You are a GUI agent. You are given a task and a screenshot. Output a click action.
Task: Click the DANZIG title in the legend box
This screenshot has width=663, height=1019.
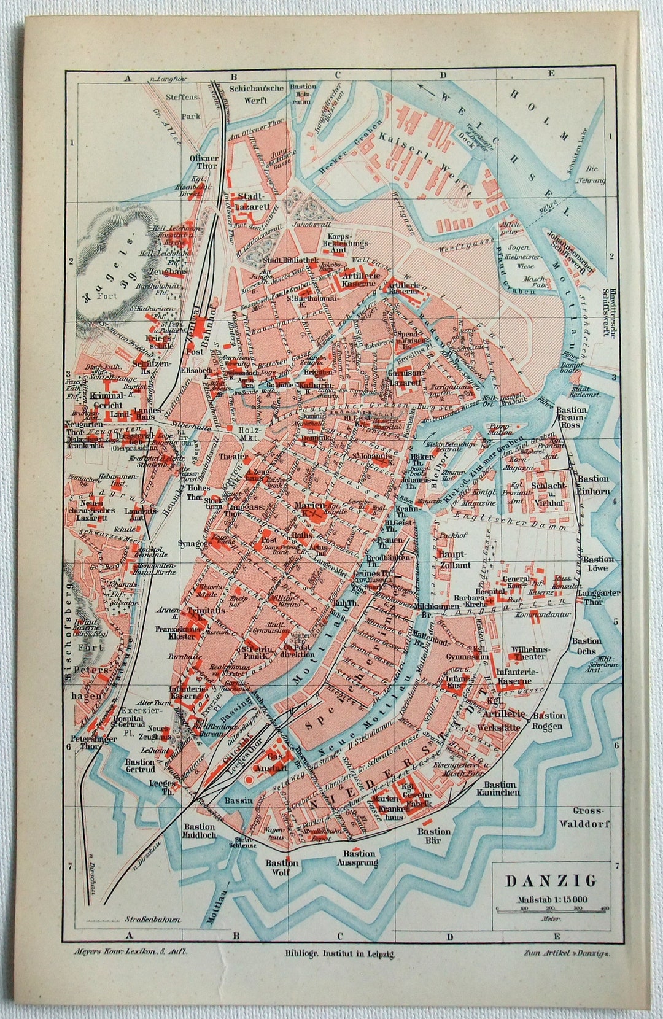click(551, 880)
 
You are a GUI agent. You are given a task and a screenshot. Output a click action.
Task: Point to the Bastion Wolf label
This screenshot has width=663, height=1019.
click(282, 867)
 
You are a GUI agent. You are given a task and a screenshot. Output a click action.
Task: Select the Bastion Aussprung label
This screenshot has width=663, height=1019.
click(359, 858)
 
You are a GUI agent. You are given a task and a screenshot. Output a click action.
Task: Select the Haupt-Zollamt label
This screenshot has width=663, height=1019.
click(453, 559)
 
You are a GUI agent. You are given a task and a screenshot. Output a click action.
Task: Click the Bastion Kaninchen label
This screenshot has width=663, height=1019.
click(500, 788)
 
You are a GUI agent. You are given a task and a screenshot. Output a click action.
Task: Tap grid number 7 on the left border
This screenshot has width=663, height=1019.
click(71, 866)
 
